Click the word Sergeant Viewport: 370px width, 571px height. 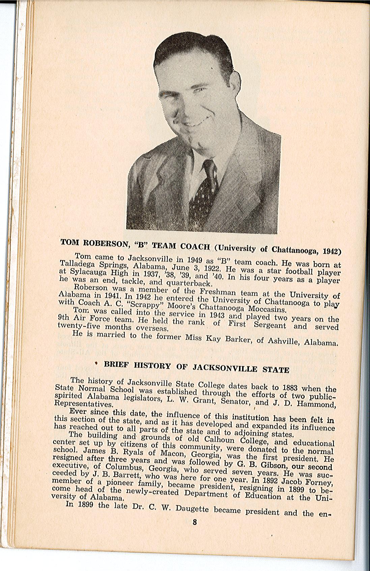(x=269, y=325)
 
